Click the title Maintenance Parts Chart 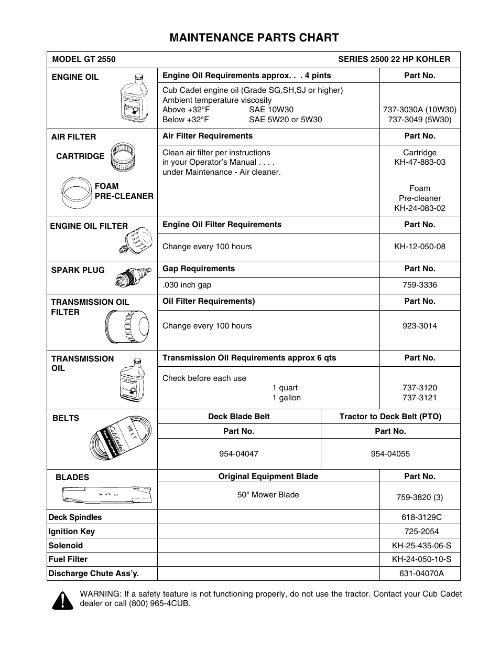pyautogui.click(x=254, y=37)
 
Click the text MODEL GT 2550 pyautogui.click(x=84, y=59)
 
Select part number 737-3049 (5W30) pyautogui.click(x=420, y=119)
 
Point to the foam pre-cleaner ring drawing pyautogui.click(x=77, y=192)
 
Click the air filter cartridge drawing pyautogui.click(x=124, y=157)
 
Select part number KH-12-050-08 pyautogui.click(x=420, y=247)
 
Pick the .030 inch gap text pyautogui.click(x=187, y=285)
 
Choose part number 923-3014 pyautogui.click(x=420, y=326)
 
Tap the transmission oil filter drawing pyautogui.click(x=127, y=327)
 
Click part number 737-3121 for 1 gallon pyautogui.click(x=420, y=398)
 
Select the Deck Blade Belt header pyautogui.click(x=239, y=417)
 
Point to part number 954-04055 pyautogui.click(x=390, y=454)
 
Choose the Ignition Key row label pyautogui.click(x=72, y=532)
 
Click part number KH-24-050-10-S pyautogui.click(x=421, y=559)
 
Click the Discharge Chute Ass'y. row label pyautogui.click(x=94, y=573)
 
